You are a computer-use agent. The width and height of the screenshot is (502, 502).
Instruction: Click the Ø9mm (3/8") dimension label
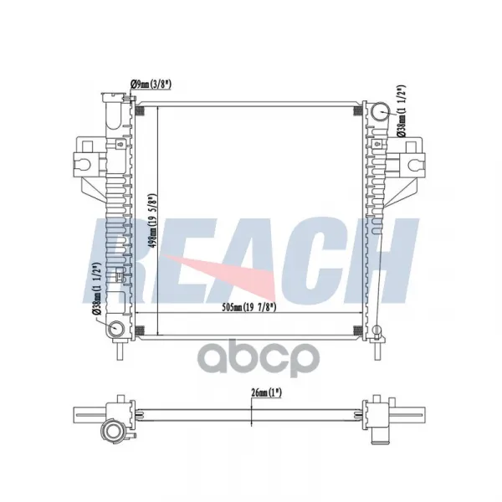[151, 85]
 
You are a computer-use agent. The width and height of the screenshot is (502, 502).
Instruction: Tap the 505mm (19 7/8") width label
[249, 307]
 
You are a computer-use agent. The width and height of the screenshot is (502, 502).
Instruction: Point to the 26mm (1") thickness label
[266, 393]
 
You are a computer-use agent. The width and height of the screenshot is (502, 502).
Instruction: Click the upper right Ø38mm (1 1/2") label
[401, 111]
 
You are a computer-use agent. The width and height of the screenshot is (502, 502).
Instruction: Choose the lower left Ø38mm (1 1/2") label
[96, 289]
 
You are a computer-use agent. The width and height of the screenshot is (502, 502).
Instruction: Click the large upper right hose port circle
[381, 111]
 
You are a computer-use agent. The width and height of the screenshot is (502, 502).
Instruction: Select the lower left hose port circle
[116, 328]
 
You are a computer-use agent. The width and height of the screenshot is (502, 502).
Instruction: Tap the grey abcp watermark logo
[259, 358]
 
